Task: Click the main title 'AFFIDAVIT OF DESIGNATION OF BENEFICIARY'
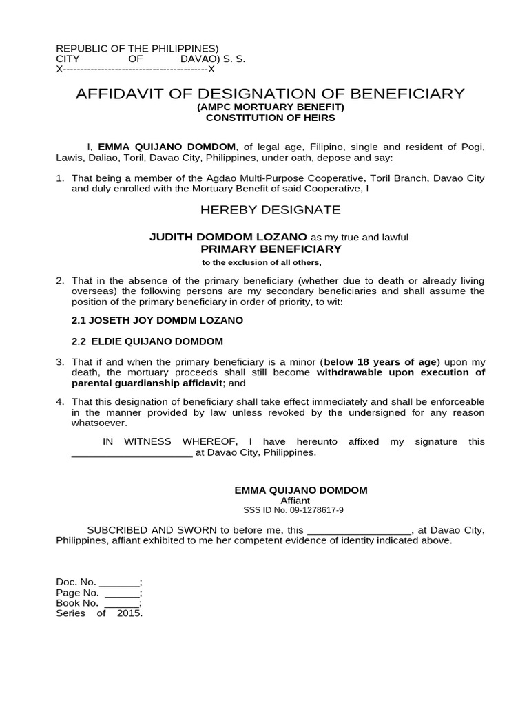pos(270,94)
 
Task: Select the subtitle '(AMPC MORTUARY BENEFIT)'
pos(270,107)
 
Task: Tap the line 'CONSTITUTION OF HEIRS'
pos(270,118)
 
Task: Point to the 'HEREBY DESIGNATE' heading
pos(270,209)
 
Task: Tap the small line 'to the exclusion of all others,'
pos(261,262)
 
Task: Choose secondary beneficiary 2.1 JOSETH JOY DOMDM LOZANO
pos(157,320)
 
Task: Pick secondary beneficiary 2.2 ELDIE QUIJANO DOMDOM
pos(147,341)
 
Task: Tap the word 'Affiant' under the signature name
pos(300,501)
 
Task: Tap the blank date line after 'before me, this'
pos(358,530)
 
